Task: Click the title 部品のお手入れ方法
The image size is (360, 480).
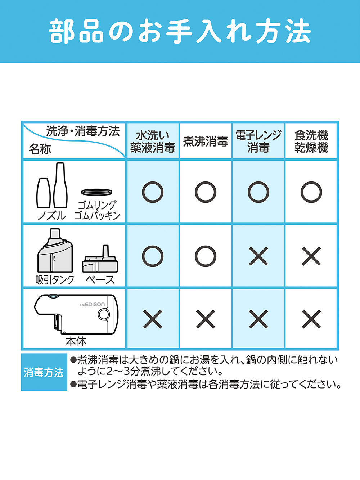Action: click(180, 32)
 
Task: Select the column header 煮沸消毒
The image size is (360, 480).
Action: click(205, 142)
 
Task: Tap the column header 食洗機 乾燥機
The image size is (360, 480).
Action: click(311, 142)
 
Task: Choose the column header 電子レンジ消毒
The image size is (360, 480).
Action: click(258, 142)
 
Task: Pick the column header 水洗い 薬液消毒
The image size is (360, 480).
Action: click(153, 142)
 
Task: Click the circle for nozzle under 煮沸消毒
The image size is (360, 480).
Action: click(206, 192)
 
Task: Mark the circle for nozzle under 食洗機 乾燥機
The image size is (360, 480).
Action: click(311, 192)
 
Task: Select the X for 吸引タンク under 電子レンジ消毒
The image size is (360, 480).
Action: click(258, 256)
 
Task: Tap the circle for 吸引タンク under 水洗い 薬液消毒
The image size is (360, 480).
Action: click(153, 256)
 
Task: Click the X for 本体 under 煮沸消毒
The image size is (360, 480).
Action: click(206, 319)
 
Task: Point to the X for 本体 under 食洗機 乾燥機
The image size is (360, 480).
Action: click(311, 319)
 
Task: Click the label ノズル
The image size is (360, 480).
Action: click(52, 215)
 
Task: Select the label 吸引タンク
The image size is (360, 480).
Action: click(55, 279)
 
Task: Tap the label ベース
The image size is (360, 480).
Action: click(100, 279)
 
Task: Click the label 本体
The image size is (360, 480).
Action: click(76, 341)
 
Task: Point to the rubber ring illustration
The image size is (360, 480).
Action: click(96, 192)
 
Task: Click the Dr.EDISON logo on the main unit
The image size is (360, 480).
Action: click(93, 304)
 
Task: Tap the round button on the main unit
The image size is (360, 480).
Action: click(104, 314)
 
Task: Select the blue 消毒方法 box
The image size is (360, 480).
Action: click(44, 372)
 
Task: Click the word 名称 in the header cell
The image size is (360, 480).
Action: click(40, 149)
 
